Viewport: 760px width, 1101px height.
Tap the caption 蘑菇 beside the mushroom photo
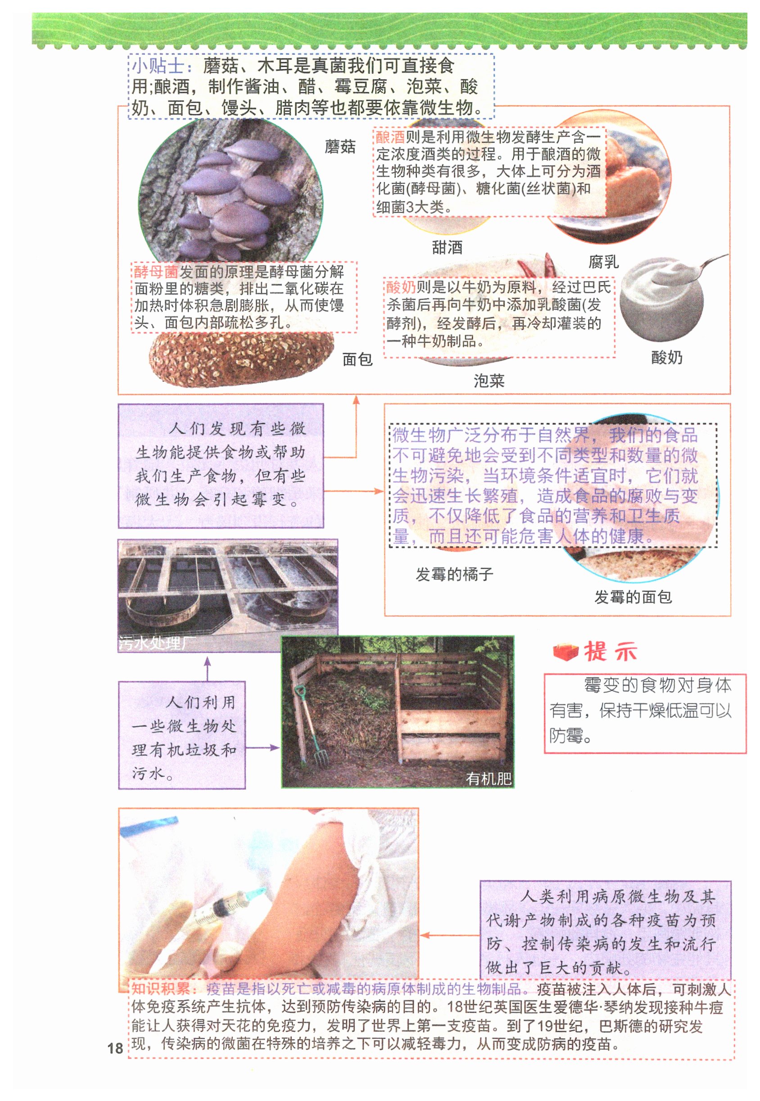click(x=340, y=146)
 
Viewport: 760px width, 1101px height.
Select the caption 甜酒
click(x=447, y=247)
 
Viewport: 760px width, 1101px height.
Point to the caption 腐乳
click(x=603, y=262)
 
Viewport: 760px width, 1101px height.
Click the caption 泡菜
click(x=489, y=381)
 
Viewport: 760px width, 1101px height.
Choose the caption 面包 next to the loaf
click(x=357, y=359)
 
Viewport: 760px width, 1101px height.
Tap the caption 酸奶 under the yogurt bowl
click(x=667, y=357)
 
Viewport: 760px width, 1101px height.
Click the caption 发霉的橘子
click(x=454, y=574)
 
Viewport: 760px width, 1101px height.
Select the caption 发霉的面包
click(x=633, y=597)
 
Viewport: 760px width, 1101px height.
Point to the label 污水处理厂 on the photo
click(x=157, y=643)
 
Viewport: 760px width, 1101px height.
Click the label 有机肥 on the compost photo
click(x=488, y=779)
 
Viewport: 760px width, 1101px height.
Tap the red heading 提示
click(x=610, y=652)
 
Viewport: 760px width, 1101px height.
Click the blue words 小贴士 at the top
click(x=158, y=65)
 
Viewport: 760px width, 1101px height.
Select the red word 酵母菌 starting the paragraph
click(x=156, y=272)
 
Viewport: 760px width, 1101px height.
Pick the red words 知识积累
click(x=160, y=988)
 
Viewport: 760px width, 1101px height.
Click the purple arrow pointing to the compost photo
click(x=262, y=748)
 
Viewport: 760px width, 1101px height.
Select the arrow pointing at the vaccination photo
click(x=450, y=935)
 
